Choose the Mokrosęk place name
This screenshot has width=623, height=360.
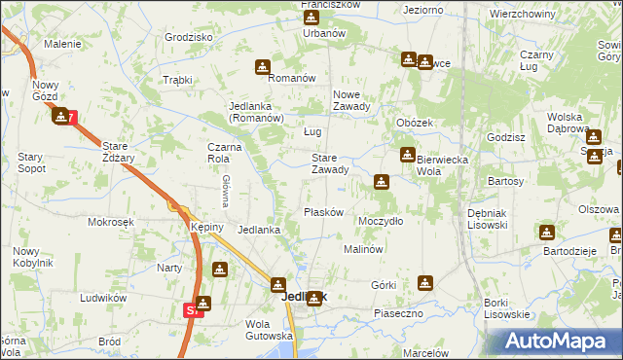pyautogui.click(x=109, y=222)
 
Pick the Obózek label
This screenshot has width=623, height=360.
pyautogui.click(x=415, y=123)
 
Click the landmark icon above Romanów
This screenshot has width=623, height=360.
pyautogui.click(x=263, y=66)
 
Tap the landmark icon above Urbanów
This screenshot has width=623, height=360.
pyautogui.click(x=311, y=18)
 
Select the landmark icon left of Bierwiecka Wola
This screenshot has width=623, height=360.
pyautogui.click(x=407, y=155)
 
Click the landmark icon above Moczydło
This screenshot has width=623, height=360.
pyautogui.click(x=382, y=181)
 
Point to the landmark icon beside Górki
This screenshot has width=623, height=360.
pyautogui.click(x=424, y=283)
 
